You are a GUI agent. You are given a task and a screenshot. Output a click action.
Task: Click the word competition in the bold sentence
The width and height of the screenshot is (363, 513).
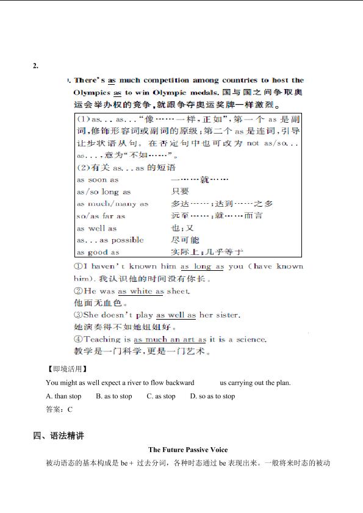tap(165, 80)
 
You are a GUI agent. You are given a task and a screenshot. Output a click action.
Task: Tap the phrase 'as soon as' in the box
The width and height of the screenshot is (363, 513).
tap(98, 179)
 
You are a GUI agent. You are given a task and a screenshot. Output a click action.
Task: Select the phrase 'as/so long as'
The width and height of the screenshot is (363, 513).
tap(104, 192)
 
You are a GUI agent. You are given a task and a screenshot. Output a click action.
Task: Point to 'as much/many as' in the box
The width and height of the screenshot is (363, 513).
tap(112, 204)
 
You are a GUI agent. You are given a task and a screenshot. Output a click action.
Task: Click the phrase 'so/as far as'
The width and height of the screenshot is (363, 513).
tap(101, 216)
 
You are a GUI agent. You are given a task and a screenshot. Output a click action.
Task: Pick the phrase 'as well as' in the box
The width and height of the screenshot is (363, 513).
tap(96, 228)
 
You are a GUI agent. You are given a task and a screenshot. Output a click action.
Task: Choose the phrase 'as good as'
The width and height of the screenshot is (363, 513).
tap(98, 252)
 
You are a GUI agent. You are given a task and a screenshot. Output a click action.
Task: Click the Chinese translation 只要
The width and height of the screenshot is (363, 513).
tap(179, 192)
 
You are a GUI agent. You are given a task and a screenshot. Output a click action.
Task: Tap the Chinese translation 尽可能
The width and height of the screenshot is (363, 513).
tap(185, 240)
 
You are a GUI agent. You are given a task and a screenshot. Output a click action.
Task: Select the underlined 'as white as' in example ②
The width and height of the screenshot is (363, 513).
tap(141, 292)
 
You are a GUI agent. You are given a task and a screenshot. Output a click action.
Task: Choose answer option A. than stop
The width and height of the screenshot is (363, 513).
tap(63, 396)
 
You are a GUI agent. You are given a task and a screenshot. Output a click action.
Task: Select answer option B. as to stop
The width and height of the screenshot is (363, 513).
tap(114, 396)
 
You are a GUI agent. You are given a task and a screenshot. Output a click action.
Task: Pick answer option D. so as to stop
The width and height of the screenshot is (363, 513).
tap(212, 396)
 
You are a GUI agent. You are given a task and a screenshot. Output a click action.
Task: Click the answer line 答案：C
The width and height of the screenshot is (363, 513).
tap(59, 410)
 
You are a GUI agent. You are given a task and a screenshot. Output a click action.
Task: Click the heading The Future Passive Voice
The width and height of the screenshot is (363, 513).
tap(188, 450)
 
